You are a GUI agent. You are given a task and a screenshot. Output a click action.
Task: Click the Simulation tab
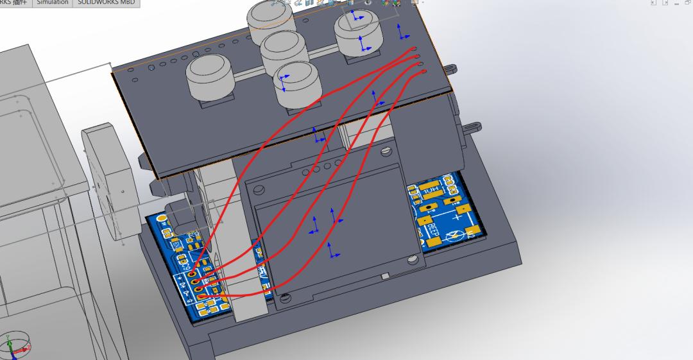coord(52,3)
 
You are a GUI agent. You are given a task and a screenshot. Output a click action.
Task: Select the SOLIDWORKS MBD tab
coord(106,3)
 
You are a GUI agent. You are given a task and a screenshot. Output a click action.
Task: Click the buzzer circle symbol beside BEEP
coord(457,236)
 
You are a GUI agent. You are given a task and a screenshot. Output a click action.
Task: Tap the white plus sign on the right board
coord(447,218)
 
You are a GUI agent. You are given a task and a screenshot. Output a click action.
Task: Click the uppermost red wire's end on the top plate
coord(415,49)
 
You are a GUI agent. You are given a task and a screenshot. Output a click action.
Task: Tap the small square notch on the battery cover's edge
coord(384,275)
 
